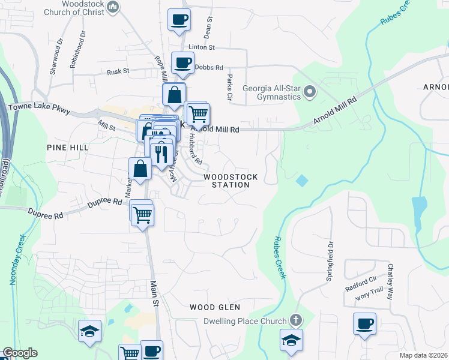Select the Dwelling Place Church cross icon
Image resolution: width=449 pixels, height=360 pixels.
point(295,320)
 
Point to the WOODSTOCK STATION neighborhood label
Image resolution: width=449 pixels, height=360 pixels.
point(231,181)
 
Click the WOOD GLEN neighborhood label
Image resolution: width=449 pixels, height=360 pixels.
point(215,307)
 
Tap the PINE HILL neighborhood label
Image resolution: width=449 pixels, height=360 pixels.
point(68,147)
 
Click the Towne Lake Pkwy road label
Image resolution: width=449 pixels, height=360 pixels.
point(40,109)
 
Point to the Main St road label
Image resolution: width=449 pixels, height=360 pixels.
point(154,295)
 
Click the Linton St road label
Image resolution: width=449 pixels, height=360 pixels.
point(201,47)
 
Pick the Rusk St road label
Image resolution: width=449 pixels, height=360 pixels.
point(118,71)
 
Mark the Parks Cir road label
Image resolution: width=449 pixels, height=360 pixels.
point(230,87)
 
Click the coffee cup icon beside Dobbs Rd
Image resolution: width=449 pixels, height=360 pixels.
point(182,62)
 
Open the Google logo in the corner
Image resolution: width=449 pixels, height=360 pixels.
point(20,353)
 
